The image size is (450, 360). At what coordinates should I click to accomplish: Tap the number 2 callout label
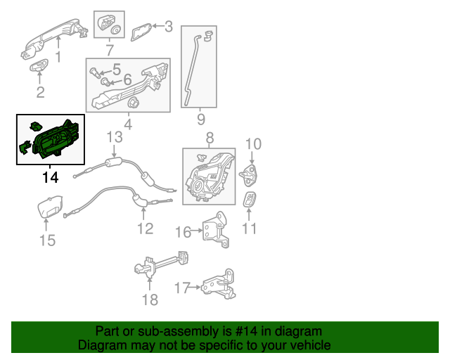[x=40, y=92]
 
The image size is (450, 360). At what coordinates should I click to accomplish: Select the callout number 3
[x=168, y=27]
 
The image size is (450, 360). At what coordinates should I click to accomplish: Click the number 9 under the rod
[x=200, y=120]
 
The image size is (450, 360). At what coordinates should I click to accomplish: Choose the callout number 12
[x=144, y=228]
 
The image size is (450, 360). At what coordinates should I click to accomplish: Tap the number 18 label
[x=150, y=300]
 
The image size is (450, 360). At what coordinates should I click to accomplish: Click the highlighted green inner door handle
[x=53, y=139]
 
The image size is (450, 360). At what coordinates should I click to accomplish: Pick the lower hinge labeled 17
[x=217, y=288]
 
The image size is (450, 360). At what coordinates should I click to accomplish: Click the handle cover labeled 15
[x=50, y=209]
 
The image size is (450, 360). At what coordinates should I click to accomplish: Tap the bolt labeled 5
[x=96, y=70]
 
